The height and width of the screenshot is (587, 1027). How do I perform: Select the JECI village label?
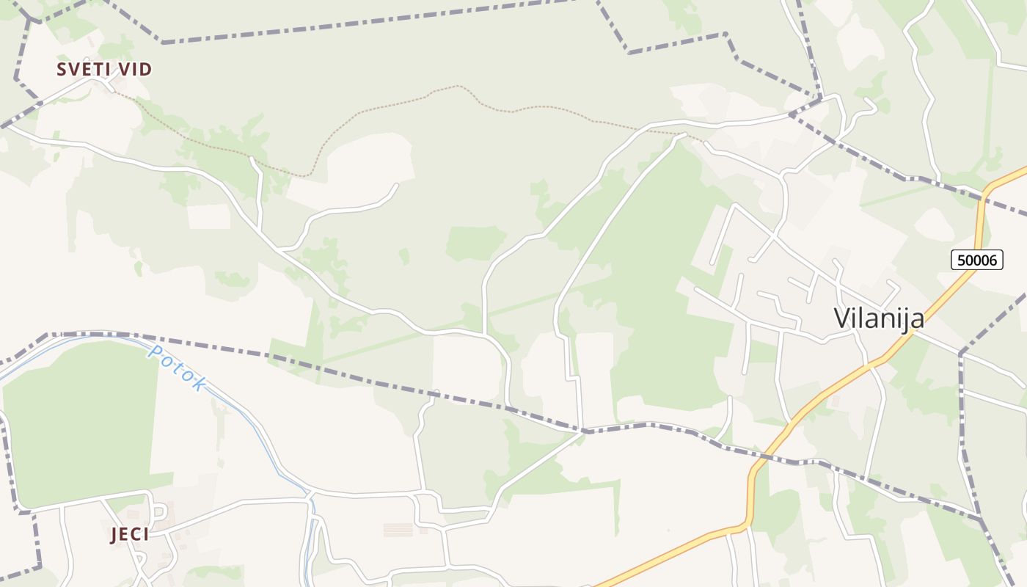(130, 535)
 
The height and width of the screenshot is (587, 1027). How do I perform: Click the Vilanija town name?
(879, 318)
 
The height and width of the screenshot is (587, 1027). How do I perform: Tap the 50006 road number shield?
(977, 259)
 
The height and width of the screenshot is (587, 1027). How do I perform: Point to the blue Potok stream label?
(177, 368)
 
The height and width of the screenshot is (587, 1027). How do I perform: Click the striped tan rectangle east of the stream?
(398, 529)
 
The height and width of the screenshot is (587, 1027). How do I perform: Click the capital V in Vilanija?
(844, 318)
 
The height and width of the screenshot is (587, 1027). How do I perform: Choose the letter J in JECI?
(114, 535)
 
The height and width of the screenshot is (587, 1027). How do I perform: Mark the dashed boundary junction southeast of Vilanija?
(960, 354)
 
